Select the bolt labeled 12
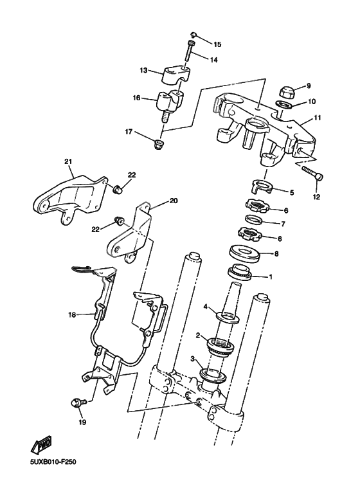(x=312, y=172)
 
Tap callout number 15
(x=217, y=44)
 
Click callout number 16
(x=136, y=98)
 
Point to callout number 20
(x=173, y=201)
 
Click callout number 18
(x=73, y=315)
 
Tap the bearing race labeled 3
(x=210, y=374)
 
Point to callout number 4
(x=206, y=307)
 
